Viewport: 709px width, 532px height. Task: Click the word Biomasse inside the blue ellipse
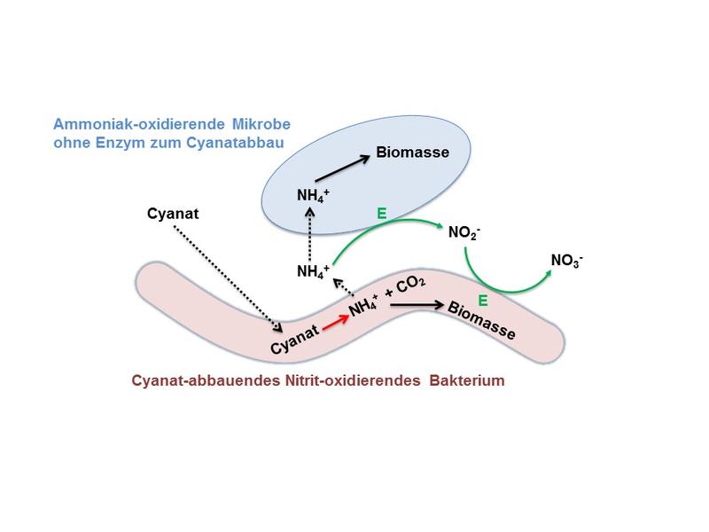point(413,152)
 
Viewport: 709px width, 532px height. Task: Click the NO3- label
point(568,260)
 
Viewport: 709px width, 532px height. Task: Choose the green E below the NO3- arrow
point(482,301)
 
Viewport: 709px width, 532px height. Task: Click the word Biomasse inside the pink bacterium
point(482,320)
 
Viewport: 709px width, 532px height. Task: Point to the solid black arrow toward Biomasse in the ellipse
point(341,164)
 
